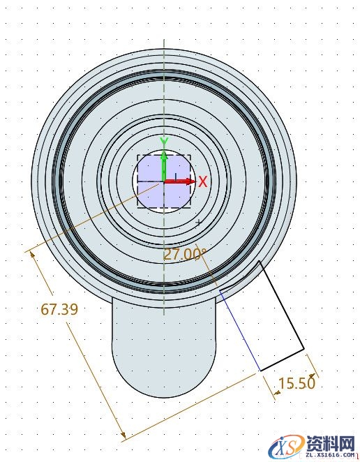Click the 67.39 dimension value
[x=59, y=309]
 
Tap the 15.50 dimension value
[x=297, y=383]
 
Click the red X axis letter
[x=203, y=182]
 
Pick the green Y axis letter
[x=163, y=142]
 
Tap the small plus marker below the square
[x=199, y=223]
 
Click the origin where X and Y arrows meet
[x=163, y=181]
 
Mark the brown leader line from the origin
[x=98, y=216]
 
